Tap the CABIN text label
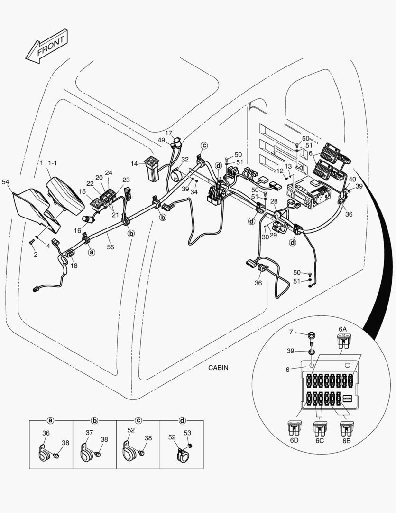point(219,368)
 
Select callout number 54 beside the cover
point(6,182)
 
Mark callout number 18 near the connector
point(74,266)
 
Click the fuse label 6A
point(342,329)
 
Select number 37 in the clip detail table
point(89,432)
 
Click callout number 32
point(184,160)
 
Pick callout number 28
point(274,202)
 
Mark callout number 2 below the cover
point(35,255)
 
